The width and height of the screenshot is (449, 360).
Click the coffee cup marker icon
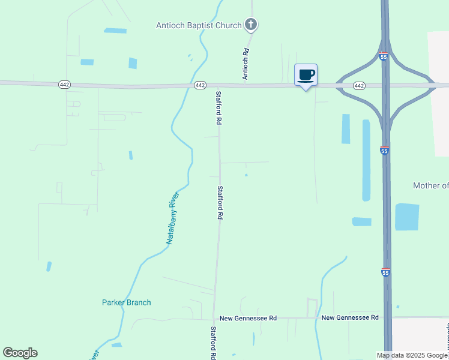[306, 75]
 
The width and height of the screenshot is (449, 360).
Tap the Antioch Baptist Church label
[199, 25]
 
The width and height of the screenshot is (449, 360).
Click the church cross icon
[251, 25]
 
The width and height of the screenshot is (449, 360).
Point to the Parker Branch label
[126, 302]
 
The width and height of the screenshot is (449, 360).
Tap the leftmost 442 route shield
[65, 85]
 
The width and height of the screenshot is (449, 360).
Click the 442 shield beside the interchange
[359, 86]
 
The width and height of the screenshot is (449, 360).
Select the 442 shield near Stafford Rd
[201, 86]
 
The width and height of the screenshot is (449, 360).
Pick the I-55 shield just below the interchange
[385, 151]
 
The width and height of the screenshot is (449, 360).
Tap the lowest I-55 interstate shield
[385, 272]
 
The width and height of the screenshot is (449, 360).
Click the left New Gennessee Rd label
[248, 318]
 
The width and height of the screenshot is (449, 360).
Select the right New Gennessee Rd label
[350, 317]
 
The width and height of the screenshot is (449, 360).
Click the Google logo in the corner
[20, 353]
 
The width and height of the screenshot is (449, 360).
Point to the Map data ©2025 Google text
[412, 355]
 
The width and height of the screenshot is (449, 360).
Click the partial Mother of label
[430, 185]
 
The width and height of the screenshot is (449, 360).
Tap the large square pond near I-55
[407, 217]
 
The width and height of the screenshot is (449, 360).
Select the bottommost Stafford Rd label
[212, 343]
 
